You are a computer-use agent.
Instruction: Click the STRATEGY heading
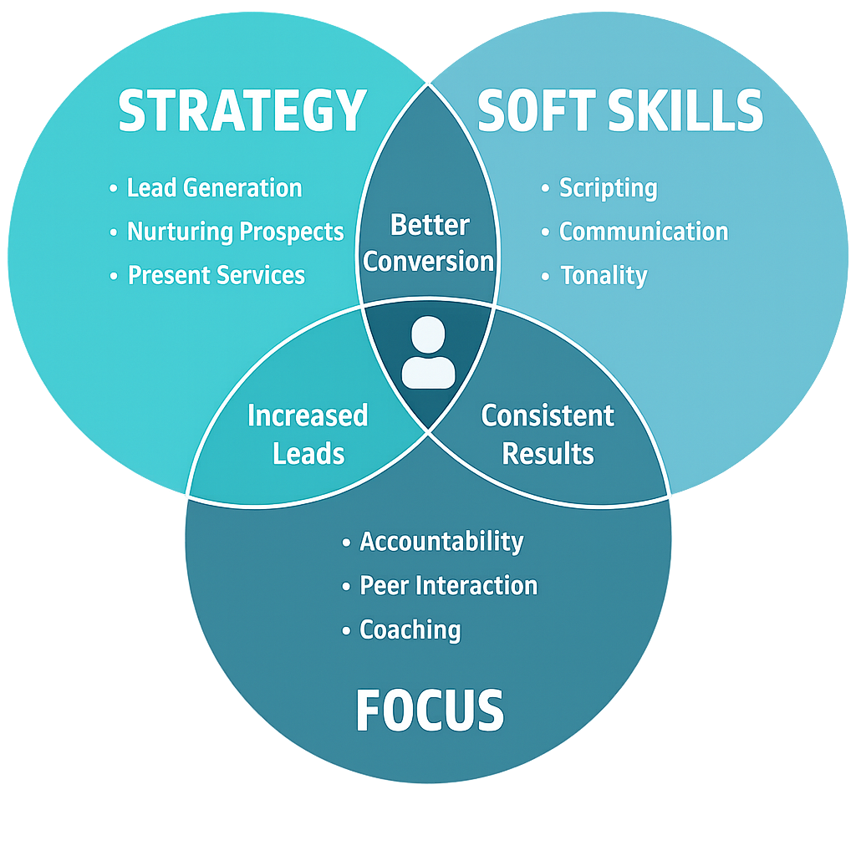point(242,110)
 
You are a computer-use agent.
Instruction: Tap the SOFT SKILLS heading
point(620,110)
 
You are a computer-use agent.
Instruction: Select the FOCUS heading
point(430,711)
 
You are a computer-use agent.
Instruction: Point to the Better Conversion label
point(430,242)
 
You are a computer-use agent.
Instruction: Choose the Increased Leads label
point(308,435)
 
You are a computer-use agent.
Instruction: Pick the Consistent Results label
point(548,435)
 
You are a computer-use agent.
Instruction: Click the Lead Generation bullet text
point(214,188)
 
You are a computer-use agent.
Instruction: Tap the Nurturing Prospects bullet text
point(235,232)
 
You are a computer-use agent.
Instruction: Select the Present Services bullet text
point(216,275)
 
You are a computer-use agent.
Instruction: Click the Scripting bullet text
point(608,188)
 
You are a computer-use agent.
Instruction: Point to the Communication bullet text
point(643,232)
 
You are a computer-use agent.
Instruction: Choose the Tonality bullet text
point(604,275)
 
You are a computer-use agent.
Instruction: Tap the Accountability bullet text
point(441,542)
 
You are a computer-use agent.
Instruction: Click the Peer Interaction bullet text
point(448,585)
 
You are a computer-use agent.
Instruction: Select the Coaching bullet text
point(410,629)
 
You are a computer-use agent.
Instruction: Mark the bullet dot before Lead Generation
point(114,189)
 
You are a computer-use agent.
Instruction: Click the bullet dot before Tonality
point(546,275)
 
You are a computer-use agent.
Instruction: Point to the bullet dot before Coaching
point(346,630)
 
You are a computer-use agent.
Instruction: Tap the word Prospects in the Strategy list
point(290,232)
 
